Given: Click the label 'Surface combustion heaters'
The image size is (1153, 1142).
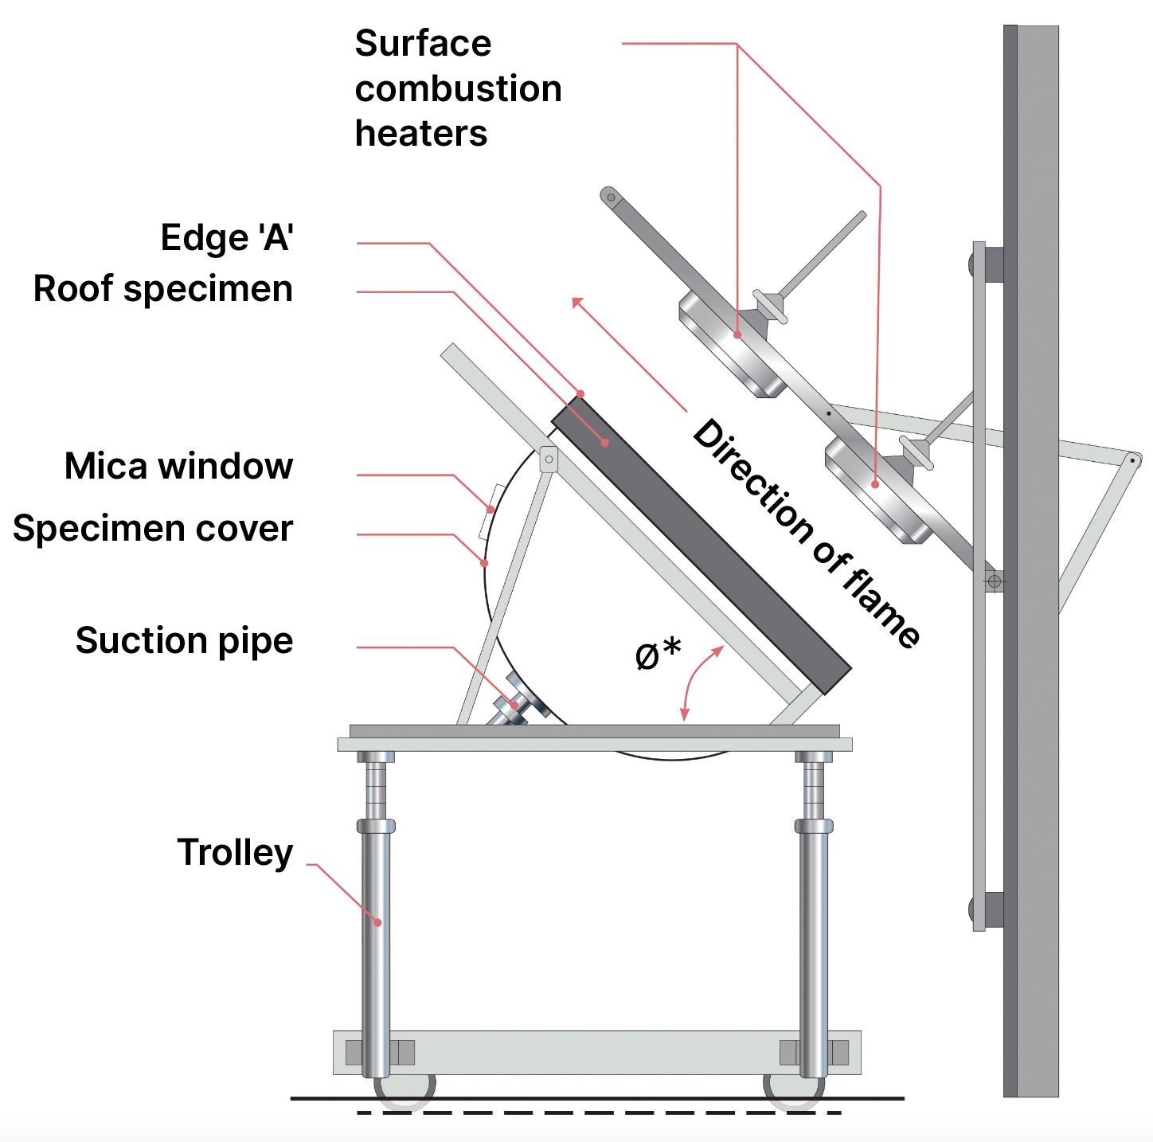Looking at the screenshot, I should pos(458,88).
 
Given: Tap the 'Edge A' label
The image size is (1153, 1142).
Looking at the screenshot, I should pos(227,237).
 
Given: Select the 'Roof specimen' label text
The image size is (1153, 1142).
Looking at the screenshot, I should pos(163,288).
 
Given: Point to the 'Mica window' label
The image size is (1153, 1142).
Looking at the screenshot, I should pos(178,466).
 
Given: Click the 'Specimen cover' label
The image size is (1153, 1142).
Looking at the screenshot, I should pos(153,529).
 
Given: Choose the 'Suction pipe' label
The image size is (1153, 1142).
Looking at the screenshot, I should pos(184,640).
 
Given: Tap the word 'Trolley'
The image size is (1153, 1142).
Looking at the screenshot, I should pos(235,852).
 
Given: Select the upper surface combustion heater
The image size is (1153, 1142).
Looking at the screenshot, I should pos(731,344).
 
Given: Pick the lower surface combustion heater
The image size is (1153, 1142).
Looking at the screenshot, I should pos(877,491).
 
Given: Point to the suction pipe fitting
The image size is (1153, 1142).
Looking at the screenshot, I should pos(514,705).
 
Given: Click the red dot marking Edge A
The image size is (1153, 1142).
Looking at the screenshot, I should pos(580,393).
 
